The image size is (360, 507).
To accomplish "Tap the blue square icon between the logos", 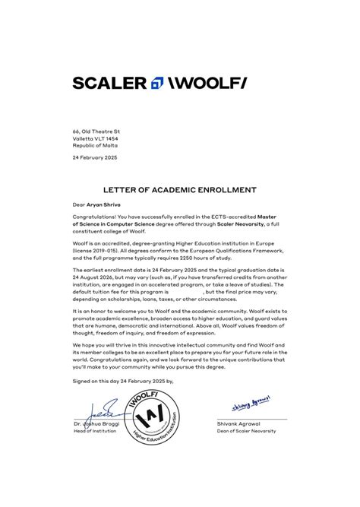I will click(158, 83).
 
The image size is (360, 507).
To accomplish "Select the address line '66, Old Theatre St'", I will click(96, 132).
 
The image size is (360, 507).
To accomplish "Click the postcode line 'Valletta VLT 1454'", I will click(96, 138).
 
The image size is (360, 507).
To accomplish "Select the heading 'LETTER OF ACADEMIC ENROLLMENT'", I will click(180, 190).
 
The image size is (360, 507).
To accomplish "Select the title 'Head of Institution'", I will click(96, 431).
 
